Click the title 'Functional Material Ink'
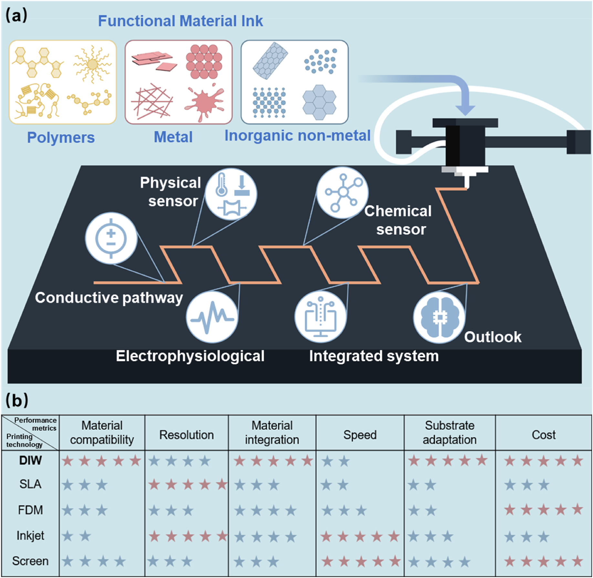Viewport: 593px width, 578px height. (180, 21)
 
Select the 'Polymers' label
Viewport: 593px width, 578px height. (61, 137)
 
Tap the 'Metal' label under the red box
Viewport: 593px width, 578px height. (173, 137)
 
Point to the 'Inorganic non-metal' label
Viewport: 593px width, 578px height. (297, 135)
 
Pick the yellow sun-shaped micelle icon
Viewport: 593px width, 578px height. (92, 64)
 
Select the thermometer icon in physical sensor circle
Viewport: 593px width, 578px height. (222, 185)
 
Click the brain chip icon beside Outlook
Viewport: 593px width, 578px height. (439, 317)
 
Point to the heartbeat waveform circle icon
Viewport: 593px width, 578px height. (212, 317)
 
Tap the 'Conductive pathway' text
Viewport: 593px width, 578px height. (109, 298)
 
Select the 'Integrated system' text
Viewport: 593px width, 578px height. (374, 356)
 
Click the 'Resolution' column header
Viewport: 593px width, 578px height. (186, 435)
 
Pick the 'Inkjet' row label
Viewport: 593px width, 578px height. (30, 536)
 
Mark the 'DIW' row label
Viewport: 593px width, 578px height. (30, 460)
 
